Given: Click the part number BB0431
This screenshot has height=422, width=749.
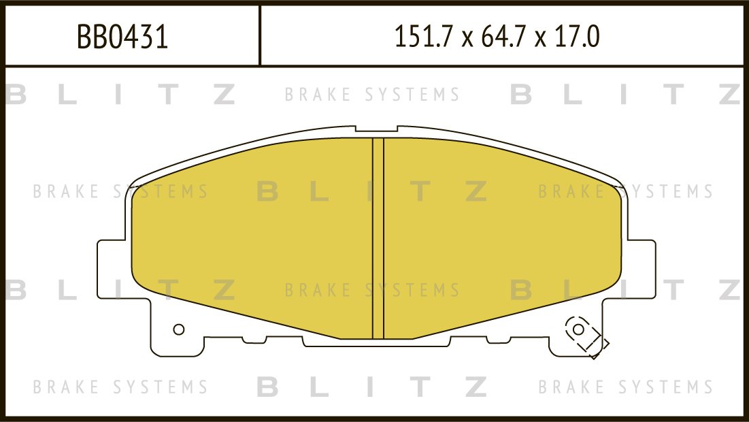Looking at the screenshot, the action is pyautogui.click(x=122, y=37).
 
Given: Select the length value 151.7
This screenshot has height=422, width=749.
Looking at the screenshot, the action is pyautogui.click(x=423, y=37).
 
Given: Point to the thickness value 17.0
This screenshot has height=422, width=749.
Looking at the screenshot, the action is pyautogui.click(x=577, y=37).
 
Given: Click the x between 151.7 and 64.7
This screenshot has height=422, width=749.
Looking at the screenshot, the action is pyautogui.click(x=466, y=39).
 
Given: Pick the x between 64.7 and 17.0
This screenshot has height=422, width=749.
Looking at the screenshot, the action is pyautogui.click(x=542, y=39).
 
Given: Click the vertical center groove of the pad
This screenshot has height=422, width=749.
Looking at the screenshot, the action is pyautogui.click(x=378, y=238).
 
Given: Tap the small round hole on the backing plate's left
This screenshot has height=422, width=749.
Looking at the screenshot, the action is pyautogui.click(x=179, y=329).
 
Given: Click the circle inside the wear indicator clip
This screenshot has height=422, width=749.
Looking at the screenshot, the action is pyautogui.click(x=578, y=329).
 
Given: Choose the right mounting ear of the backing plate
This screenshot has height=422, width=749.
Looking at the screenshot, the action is pyautogui.click(x=641, y=268).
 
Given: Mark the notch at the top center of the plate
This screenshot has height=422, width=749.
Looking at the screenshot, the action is pyautogui.click(x=376, y=129).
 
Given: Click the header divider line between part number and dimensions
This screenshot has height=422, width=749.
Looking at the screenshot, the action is pyautogui.click(x=260, y=35).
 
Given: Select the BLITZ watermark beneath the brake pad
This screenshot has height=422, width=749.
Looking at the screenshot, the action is pyautogui.click(x=372, y=387).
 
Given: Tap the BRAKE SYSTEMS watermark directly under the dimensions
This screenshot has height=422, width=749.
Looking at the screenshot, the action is pyautogui.click(x=372, y=94).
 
